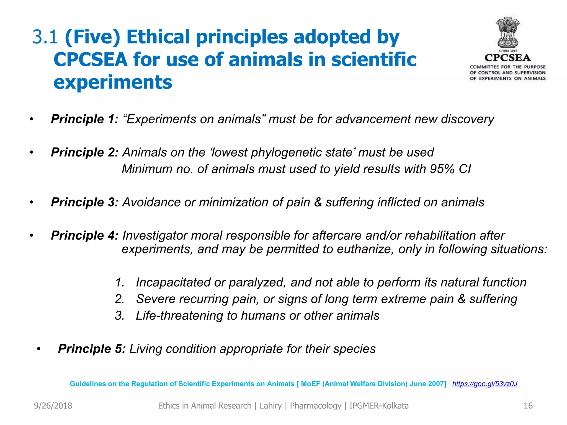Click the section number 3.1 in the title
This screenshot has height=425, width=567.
[x=45, y=37]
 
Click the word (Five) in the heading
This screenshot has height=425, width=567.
[x=92, y=37]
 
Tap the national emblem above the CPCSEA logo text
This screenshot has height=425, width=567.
[x=507, y=33]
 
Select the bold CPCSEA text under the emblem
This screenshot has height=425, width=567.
[x=507, y=58]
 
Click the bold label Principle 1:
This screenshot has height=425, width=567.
[x=85, y=119]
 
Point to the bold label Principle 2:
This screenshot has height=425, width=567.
[x=85, y=152]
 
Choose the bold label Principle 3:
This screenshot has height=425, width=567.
[x=85, y=202]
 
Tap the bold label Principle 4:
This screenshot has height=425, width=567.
[x=85, y=235]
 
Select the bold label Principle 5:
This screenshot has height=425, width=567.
[x=92, y=349]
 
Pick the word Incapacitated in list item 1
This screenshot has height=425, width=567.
[x=173, y=283]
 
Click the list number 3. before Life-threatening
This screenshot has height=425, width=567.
[x=120, y=316]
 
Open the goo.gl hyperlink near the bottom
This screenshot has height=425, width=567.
[x=484, y=384]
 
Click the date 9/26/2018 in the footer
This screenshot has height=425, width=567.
[x=53, y=406]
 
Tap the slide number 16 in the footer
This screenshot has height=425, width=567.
[x=528, y=406]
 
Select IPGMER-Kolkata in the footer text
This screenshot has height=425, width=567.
[x=379, y=406]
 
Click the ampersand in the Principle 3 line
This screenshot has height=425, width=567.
[x=318, y=202]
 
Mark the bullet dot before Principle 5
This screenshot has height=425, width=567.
[x=38, y=349]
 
